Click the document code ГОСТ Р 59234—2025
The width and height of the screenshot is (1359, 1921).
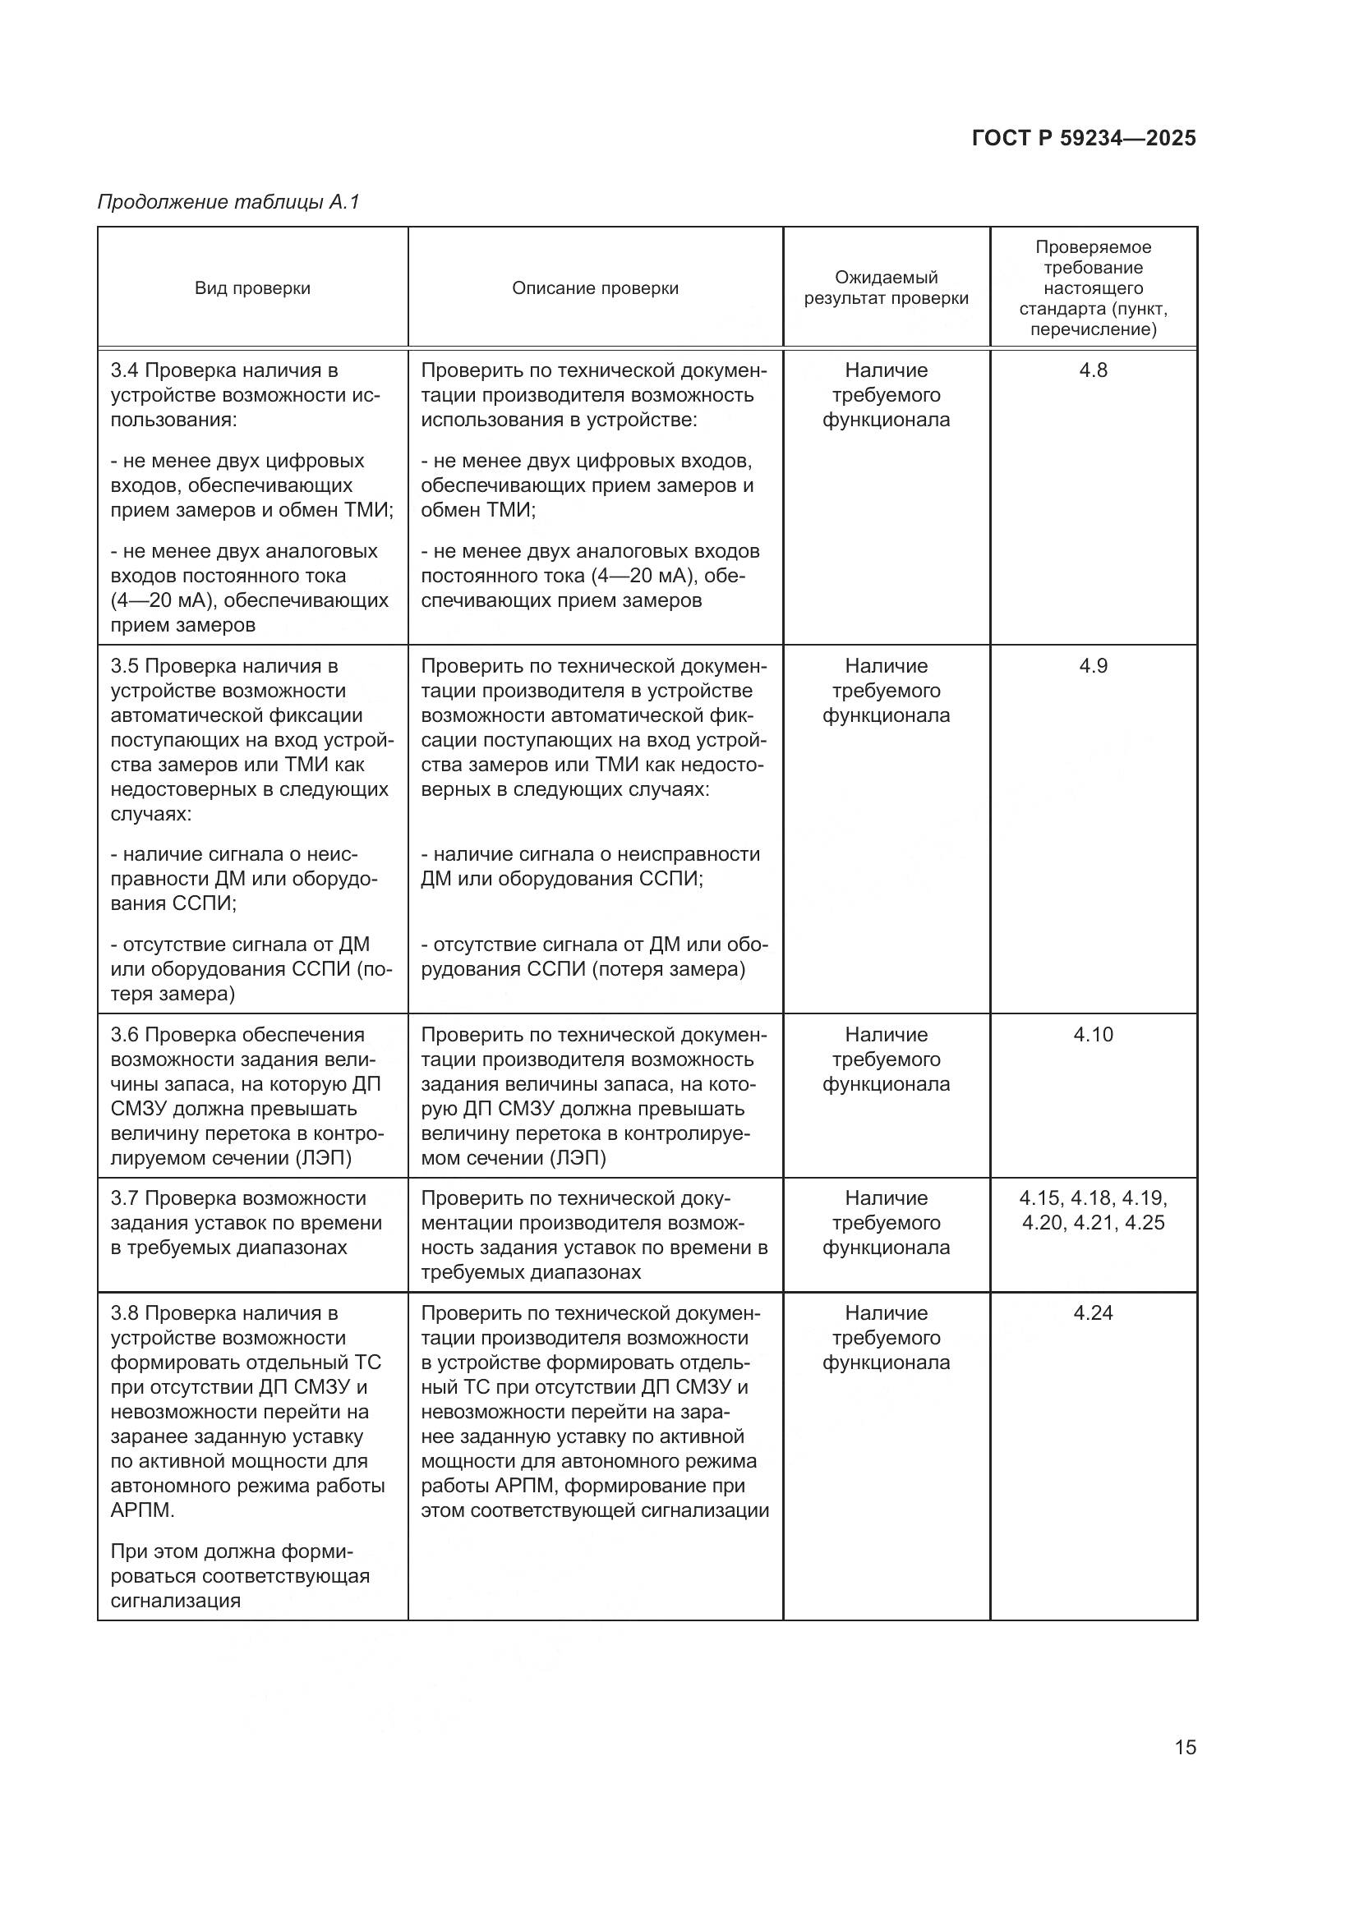click(x=1084, y=139)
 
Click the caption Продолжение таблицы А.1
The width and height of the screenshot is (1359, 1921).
click(x=228, y=202)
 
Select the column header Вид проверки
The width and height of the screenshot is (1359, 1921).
click(x=252, y=288)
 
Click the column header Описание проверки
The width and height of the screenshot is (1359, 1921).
click(x=595, y=288)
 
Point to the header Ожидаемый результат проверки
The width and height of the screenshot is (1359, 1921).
click(x=886, y=287)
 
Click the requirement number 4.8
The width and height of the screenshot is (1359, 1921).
click(x=1093, y=370)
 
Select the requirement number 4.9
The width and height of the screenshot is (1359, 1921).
click(x=1093, y=667)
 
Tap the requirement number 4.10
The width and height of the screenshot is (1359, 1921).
click(x=1093, y=1035)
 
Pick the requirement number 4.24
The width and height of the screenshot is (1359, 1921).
click(x=1093, y=1312)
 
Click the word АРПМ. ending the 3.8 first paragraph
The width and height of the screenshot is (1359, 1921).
click(x=142, y=1510)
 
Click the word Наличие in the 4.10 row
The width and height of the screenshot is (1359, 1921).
click(x=886, y=1035)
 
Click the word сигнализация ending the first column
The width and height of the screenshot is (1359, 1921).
click(x=175, y=1601)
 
